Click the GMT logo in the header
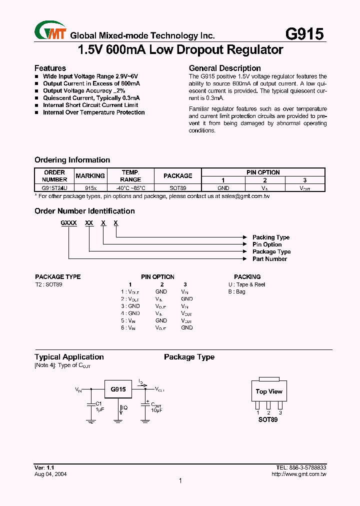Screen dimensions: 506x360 (50, 31)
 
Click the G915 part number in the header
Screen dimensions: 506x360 (304, 33)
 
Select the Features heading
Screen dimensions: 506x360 (50, 68)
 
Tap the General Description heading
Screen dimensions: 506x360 (224, 68)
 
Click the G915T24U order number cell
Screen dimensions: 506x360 (54, 188)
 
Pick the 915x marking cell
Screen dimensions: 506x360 (90, 188)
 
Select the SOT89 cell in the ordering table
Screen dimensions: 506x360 (177, 188)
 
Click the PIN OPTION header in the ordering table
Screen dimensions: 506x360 (263, 172)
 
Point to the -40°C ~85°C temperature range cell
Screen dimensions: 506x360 (130, 188)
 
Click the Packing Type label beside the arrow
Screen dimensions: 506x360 (270, 237)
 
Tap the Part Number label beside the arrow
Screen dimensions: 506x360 (269, 259)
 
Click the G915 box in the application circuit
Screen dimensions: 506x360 (118, 389)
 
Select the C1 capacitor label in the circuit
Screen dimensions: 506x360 (98, 403)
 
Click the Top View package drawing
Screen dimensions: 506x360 (269, 391)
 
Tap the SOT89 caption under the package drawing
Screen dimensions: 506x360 (268, 419)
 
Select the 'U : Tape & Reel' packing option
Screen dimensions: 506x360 (246, 284)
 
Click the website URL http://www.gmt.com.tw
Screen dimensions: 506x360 (299, 474)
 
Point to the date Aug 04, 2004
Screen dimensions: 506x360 (50, 474)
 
